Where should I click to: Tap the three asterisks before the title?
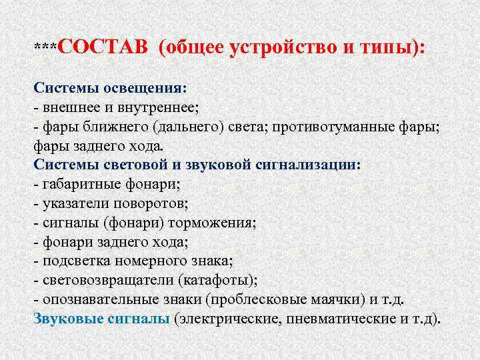[46, 48]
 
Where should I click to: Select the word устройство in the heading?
[283, 48]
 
